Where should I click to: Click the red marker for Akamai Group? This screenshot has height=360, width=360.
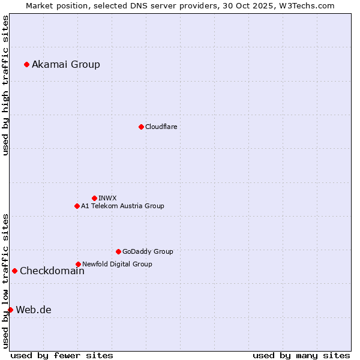(x=26, y=64)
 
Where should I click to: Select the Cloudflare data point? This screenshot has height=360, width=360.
(x=141, y=127)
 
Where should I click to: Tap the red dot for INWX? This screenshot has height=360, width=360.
(x=94, y=198)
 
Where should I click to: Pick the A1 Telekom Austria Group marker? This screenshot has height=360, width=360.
(x=77, y=206)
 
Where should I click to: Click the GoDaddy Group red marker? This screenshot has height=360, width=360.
(x=118, y=251)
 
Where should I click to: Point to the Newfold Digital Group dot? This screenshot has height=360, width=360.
(x=78, y=264)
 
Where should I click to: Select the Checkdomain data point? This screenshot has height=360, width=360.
(x=14, y=271)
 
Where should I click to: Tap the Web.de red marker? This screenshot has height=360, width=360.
(x=10, y=310)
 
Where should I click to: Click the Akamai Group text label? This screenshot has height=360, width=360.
(x=66, y=65)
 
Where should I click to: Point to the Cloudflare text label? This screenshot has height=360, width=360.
(x=161, y=127)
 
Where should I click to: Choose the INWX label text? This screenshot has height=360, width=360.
(x=107, y=198)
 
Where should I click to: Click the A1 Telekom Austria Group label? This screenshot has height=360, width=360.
(x=122, y=206)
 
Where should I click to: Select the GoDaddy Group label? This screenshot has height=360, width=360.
(x=148, y=251)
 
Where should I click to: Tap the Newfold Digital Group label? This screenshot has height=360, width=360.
(x=117, y=264)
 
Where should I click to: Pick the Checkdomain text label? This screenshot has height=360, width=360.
(x=52, y=271)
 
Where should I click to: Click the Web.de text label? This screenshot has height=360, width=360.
(x=34, y=310)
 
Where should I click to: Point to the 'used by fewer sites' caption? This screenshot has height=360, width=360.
(x=62, y=355)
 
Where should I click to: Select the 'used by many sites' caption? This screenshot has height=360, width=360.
(x=301, y=355)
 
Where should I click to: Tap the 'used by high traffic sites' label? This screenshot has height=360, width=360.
(x=5, y=85)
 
